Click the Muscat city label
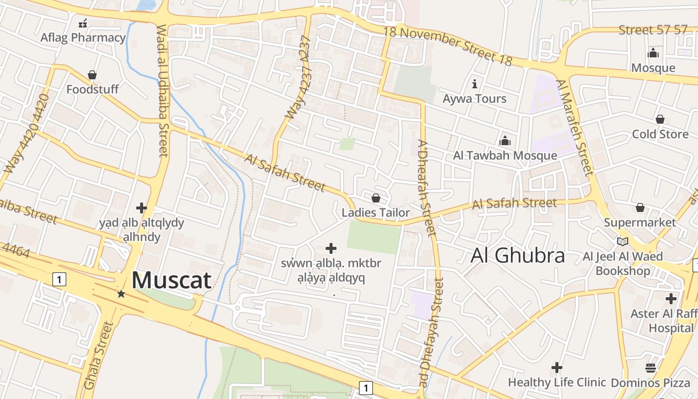[x=172, y=280]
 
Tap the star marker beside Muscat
[x=121, y=294]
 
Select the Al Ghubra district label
[x=518, y=255]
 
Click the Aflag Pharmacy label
[x=83, y=37]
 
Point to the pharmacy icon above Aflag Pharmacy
[x=83, y=23]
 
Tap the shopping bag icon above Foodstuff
[x=92, y=75]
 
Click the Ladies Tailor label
[x=375, y=212]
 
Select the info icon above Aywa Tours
[x=474, y=83]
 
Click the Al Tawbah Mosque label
[x=505, y=155]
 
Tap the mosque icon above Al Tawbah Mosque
[x=505, y=141]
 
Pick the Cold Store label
[x=660, y=134]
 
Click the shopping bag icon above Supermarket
[x=640, y=207]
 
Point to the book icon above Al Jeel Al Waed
[x=622, y=242]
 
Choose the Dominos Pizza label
[x=650, y=383]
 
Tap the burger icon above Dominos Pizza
[x=650, y=368]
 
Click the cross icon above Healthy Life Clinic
[x=557, y=368]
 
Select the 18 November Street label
[x=448, y=45]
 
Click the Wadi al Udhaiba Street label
[x=163, y=91]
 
